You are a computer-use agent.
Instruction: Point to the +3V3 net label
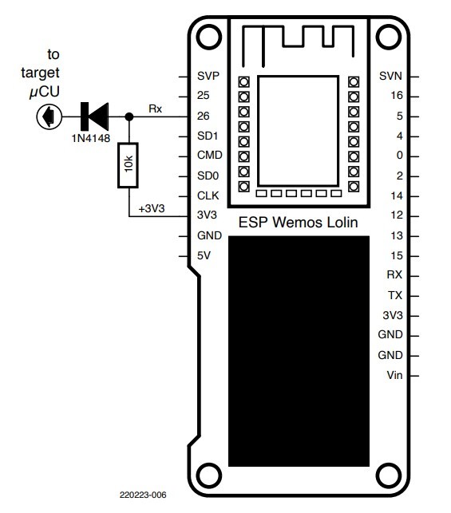coord(151,208)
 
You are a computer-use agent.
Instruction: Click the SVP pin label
coord(208,77)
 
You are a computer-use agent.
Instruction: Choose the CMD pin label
coord(209,156)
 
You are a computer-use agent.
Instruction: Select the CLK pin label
coord(208,196)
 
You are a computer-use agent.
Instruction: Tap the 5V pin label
coord(204,255)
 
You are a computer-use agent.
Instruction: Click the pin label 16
coord(400,97)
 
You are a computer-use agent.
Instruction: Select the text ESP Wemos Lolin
coord(299,221)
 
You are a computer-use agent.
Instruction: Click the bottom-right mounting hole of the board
coord(390,473)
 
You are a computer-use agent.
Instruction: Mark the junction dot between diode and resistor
coord(129,117)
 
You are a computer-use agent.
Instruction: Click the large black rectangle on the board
coord(299,350)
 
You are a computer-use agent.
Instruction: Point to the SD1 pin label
coord(208,136)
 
